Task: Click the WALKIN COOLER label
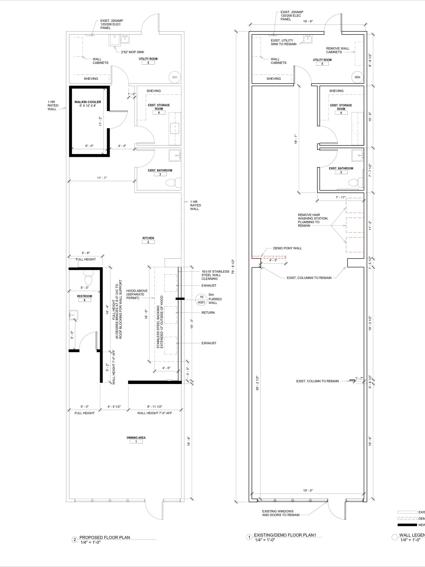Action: click(x=88, y=102)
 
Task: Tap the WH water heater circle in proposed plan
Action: click(x=175, y=77)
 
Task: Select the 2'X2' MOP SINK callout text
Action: click(x=132, y=52)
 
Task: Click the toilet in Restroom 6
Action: click(x=88, y=277)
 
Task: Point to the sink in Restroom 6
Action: click(x=73, y=315)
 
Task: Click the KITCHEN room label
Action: click(x=148, y=238)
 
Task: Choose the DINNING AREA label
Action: click(x=136, y=437)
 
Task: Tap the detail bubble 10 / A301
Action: click(x=201, y=300)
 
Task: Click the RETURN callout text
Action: click(x=208, y=313)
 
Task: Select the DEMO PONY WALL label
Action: click(x=287, y=248)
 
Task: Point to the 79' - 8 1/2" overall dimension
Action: click(x=233, y=266)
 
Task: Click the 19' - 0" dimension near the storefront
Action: click(x=308, y=490)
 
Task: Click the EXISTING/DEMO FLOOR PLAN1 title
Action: click(x=285, y=535)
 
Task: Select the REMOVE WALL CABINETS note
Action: click(x=337, y=50)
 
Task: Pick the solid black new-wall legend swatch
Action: click(x=407, y=525)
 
